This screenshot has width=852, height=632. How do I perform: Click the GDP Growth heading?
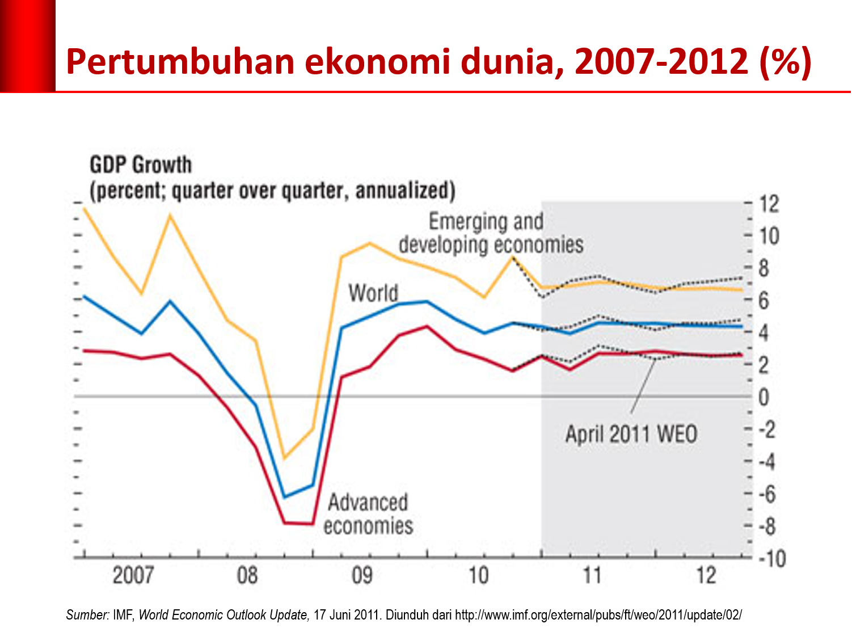pyautogui.click(x=141, y=165)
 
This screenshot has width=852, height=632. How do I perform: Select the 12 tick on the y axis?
pyautogui.click(x=769, y=204)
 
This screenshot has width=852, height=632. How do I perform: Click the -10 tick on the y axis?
pyautogui.click(x=772, y=559)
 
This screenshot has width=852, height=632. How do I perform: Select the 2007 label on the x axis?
pyautogui.click(x=133, y=575)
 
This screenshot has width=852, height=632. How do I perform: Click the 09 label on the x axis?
pyautogui.click(x=362, y=575)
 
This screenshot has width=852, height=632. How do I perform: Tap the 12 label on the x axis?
pyautogui.click(x=706, y=575)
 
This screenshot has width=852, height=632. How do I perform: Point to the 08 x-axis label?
pyautogui.click(x=247, y=575)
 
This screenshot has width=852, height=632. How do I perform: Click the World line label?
pyautogui.click(x=373, y=293)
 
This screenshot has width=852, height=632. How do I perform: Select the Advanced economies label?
pyautogui.click(x=368, y=514)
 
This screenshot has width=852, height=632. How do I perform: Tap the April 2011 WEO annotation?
pyautogui.click(x=631, y=435)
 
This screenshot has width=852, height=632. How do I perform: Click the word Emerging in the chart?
pyautogui.click(x=461, y=221)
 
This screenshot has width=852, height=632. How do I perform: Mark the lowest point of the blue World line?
pyautogui.click(x=284, y=497)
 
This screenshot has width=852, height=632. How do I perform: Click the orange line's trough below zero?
pyautogui.click(x=284, y=458)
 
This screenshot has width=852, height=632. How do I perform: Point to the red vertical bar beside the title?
pyautogui.click(x=27, y=45)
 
